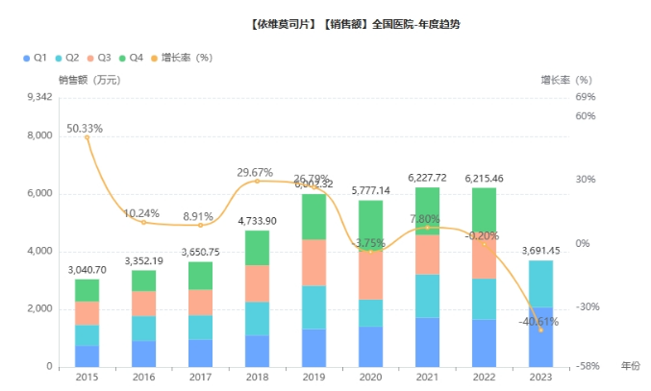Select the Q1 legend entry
click(35, 58)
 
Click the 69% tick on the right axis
click(585, 97)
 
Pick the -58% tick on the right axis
click(587, 366)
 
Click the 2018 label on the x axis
click(257, 378)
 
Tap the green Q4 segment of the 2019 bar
click(313, 216)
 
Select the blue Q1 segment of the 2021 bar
click(427, 342)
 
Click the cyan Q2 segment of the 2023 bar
click(540, 283)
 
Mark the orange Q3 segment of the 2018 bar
click(257, 283)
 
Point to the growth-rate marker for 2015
click(88, 137)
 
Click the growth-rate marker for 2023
click(540, 330)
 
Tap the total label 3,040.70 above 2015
click(88, 270)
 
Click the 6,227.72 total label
click(427, 178)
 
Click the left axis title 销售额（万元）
click(89, 81)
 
